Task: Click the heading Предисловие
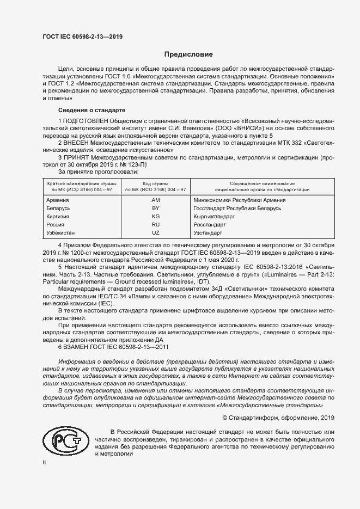(x=189, y=54)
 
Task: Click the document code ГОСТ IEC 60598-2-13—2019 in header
(x=82, y=36)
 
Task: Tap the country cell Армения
(x=60, y=200)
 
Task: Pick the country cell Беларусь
(x=60, y=208)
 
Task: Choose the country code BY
(x=155, y=208)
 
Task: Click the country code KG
(x=155, y=217)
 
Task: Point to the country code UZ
(x=155, y=232)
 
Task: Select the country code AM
(x=155, y=200)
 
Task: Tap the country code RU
(x=155, y=224)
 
